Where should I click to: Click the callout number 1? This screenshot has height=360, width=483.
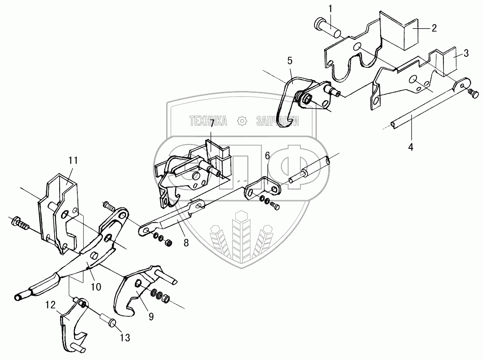(x=331, y=9)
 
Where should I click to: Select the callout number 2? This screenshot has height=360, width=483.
(x=434, y=28)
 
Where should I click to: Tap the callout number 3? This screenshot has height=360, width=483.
(x=466, y=53)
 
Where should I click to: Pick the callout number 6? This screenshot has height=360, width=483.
(x=267, y=156)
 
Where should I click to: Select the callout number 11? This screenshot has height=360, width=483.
(x=73, y=160)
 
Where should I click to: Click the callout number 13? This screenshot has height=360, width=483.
(x=125, y=338)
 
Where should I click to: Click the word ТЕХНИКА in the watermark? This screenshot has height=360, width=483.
(x=208, y=120)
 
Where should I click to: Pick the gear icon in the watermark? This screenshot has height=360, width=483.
(x=242, y=121)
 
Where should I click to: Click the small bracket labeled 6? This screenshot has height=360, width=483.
(x=263, y=189)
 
